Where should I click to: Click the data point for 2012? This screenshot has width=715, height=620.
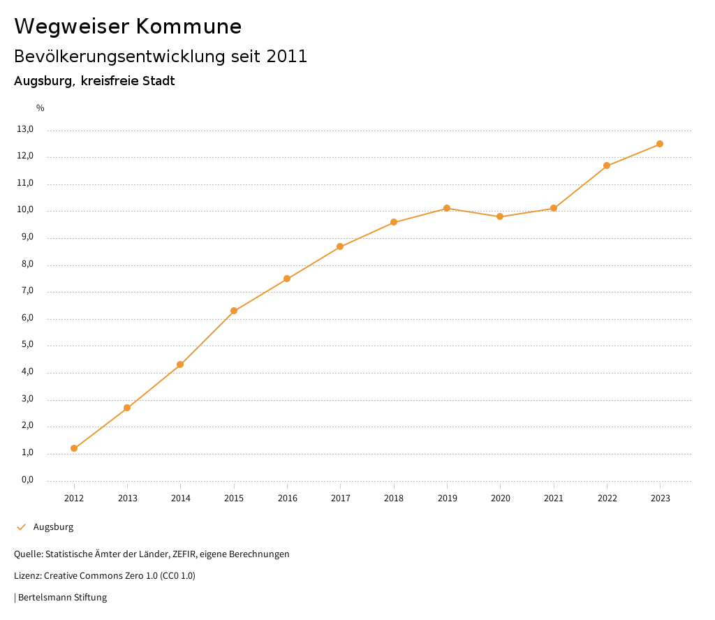pyautogui.click(x=74, y=448)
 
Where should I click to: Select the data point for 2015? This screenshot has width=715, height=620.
pyautogui.click(x=234, y=311)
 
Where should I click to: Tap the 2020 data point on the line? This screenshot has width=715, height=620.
pyautogui.click(x=500, y=216)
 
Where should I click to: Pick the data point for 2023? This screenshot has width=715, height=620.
pyautogui.click(x=660, y=144)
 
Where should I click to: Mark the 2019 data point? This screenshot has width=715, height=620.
pyautogui.click(x=447, y=208)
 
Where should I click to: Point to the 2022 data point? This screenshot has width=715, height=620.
pyautogui.click(x=607, y=165)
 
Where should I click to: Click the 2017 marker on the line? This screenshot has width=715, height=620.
pyautogui.click(x=340, y=246)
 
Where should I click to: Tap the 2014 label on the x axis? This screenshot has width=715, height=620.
pyautogui.click(x=180, y=499)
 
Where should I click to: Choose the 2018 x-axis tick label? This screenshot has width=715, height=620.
pyautogui.click(x=394, y=499)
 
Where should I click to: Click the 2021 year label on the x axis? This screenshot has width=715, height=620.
pyautogui.click(x=554, y=499)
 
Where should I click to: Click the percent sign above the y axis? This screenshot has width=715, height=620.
pyautogui.click(x=40, y=108)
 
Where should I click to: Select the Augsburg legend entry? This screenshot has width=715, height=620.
pyautogui.click(x=53, y=527)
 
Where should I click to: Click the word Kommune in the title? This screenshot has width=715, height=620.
pyautogui.click(x=189, y=27)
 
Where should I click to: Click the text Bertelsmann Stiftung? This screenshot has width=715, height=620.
pyautogui.click(x=62, y=598)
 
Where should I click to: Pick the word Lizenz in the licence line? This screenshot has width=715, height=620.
pyautogui.click(x=27, y=576)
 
